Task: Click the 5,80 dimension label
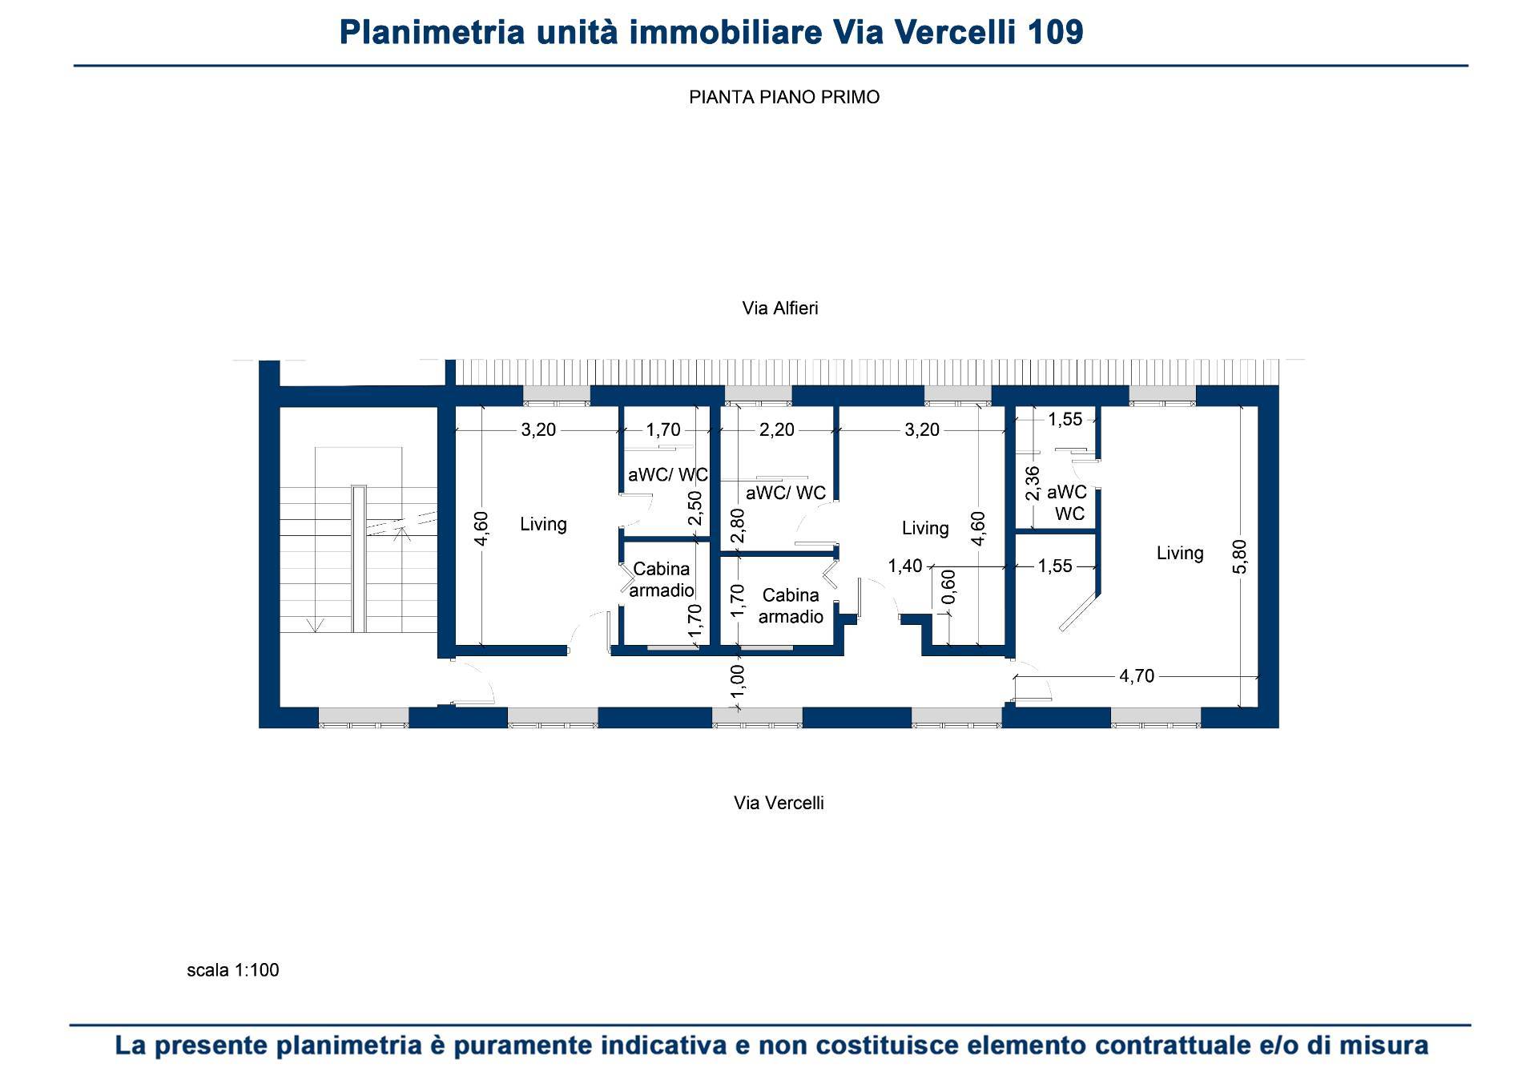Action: (x=1239, y=556)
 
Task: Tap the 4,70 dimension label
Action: (x=1137, y=676)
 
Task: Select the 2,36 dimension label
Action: (x=1033, y=483)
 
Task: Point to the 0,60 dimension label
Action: (x=948, y=587)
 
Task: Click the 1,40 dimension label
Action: (x=905, y=566)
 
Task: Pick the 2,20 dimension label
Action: (x=777, y=430)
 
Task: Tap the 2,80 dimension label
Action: (x=738, y=526)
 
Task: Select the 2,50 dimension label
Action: (x=695, y=508)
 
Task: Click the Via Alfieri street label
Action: (x=780, y=308)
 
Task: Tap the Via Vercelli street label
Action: (x=779, y=803)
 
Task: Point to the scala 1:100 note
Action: (x=233, y=970)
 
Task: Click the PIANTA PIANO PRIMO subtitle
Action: (x=784, y=97)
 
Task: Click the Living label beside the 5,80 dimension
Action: (x=1180, y=553)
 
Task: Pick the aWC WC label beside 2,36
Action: (x=1068, y=503)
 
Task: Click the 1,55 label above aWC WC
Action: (x=1065, y=419)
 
